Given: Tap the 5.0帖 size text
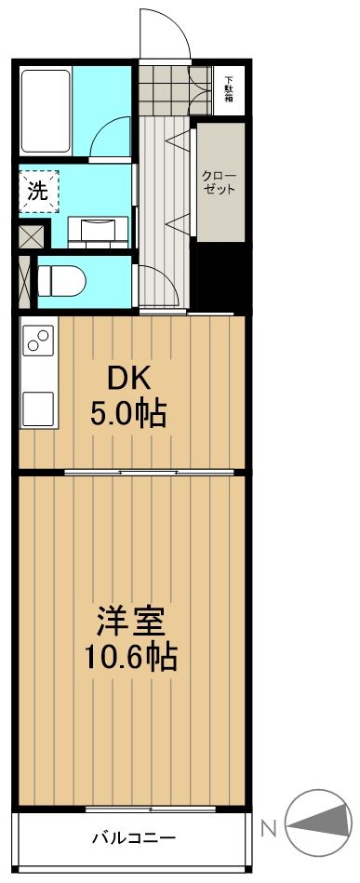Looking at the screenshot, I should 129,411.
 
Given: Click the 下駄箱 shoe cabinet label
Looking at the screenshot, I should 228,89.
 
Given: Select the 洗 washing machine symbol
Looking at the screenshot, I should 38,192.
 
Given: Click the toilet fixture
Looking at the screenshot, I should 60,281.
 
